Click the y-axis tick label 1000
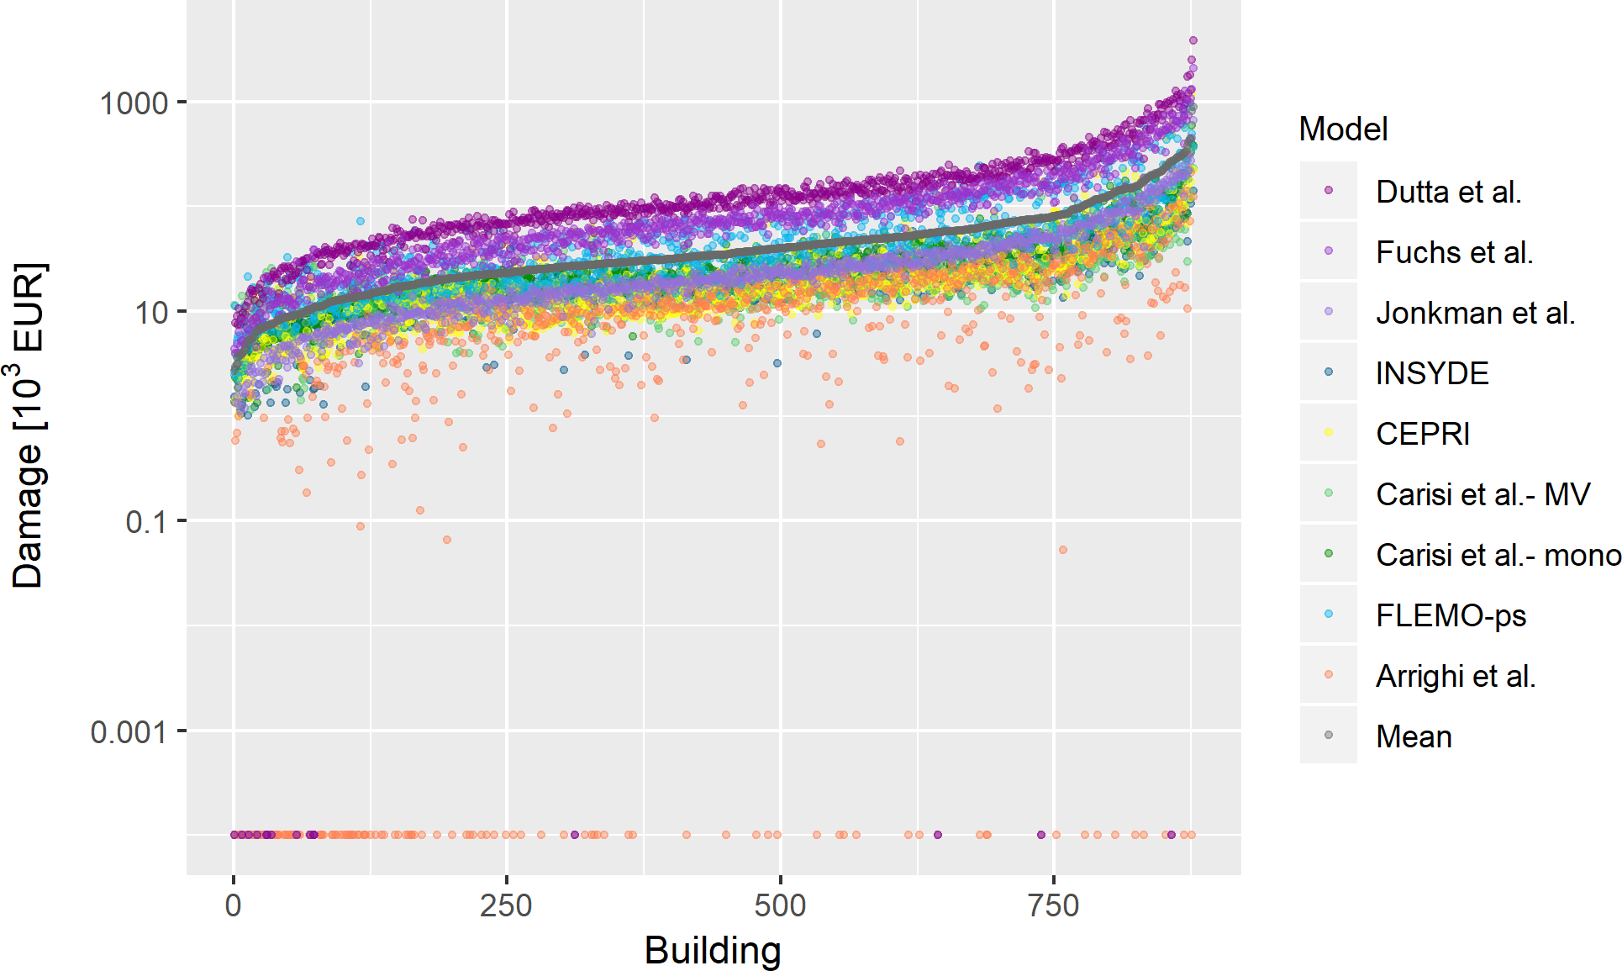(134, 103)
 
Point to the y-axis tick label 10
(152, 313)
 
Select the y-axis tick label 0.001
(128, 732)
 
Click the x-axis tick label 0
(234, 905)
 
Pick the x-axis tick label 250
(506, 905)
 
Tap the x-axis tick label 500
(780, 905)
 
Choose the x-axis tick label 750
(1054, 905)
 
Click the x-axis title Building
(713, 950)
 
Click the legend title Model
(1343, 129)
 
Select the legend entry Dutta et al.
(1448, 192)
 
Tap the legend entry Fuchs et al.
(1454, 252)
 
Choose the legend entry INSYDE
(1432, 373)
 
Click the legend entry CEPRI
(1423, 434)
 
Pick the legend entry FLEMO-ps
(1451, 615)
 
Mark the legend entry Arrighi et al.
(1456, 676)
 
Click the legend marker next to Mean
(1329, 736)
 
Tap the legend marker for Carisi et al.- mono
(1329, 554)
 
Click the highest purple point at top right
(1193, 40)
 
